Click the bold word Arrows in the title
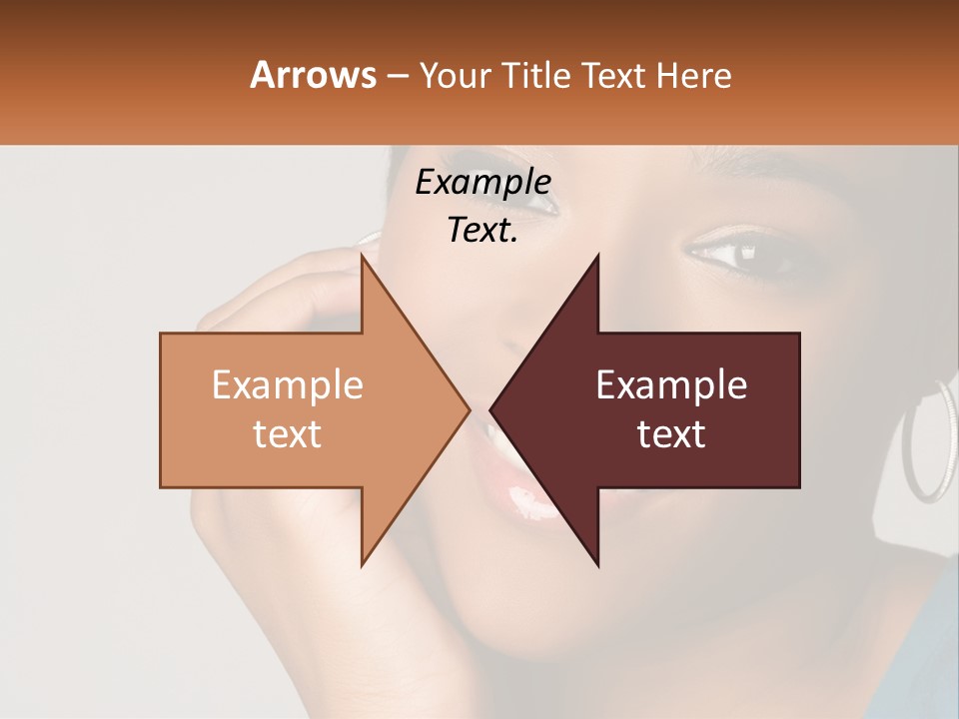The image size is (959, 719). (x=313, y=75)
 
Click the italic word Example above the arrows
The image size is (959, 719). (x=482, y=182)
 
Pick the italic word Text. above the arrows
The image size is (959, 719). (x=482, y=230)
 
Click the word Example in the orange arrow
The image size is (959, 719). (x=287, y=385)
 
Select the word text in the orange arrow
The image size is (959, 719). (x=287, y=433)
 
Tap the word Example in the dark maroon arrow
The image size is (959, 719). (x=671, y=385)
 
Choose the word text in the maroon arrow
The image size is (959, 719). (x=671, y=433)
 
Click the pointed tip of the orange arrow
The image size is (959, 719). (x=468, y=409)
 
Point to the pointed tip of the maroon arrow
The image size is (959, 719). (x=492, y=409)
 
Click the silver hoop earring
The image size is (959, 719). (x=928, y=440)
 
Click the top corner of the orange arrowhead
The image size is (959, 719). (x=363, y=257)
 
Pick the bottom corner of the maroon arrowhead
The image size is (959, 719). (x=597, y=564)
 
